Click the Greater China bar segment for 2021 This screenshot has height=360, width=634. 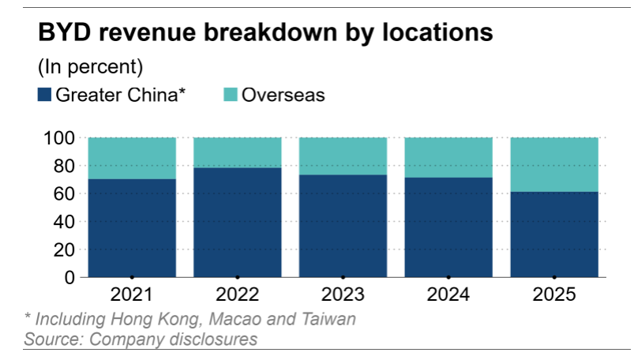[x=132, y=228]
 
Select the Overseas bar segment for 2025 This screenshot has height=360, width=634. [x=553, y=164]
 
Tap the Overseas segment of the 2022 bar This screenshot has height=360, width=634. [x=237, y=152]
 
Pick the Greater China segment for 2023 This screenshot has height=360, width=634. [x=343, y=226]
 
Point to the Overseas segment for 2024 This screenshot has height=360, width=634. [x=448, y=157]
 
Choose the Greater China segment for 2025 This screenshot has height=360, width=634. [x=553, y=234]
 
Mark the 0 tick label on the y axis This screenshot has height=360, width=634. [x=71, y=278]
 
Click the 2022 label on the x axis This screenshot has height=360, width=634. [x=237, y=295]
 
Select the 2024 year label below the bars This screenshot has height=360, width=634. [x=448, y=295]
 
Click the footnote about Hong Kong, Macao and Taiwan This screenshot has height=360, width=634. [x=189, y=320]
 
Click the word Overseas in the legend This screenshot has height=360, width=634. [x=283, y=96]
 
